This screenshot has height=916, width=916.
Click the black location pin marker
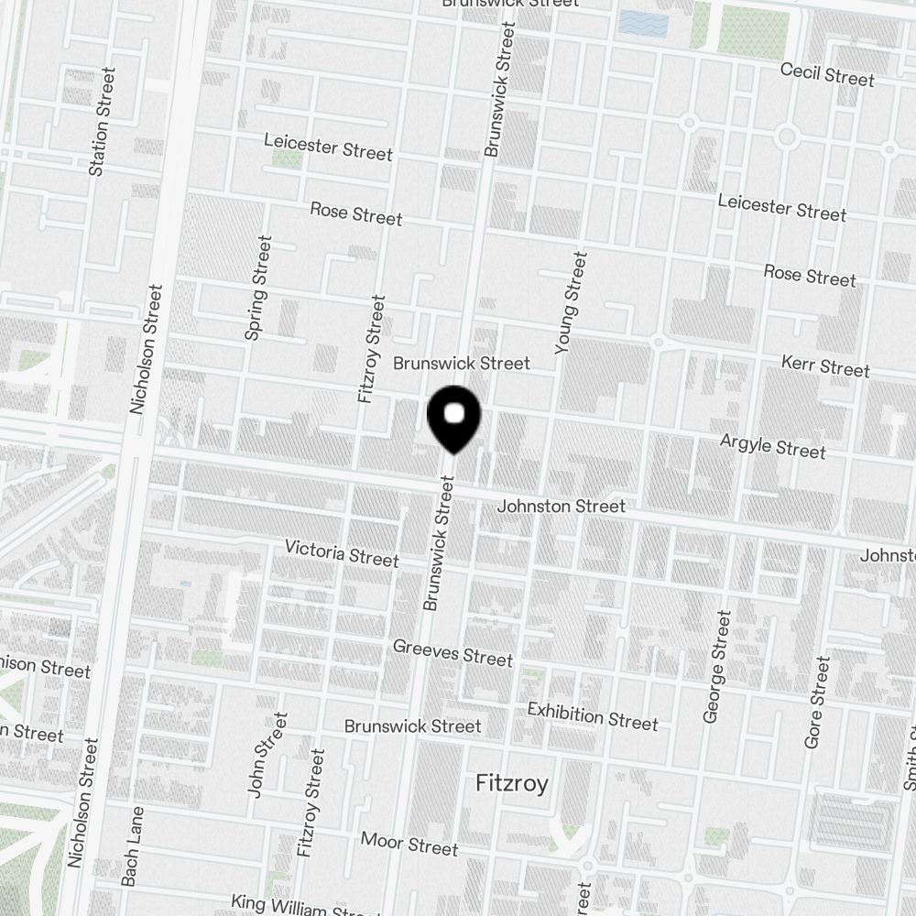(454, 418)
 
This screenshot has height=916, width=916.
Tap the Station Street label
(100, 121)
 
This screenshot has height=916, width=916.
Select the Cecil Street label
(827, 74)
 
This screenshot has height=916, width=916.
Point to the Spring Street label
(258, 288)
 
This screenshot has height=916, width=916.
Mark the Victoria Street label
(342, 554)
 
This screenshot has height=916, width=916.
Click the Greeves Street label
(453, 652)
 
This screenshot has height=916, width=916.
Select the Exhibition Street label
(592, 715)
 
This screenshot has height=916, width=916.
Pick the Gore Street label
(817, 702)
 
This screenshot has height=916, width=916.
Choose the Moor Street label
(409, 843)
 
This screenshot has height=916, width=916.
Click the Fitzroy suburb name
(512, 783)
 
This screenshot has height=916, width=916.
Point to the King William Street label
(298, 906)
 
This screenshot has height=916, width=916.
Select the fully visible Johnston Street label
(561, 506)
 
